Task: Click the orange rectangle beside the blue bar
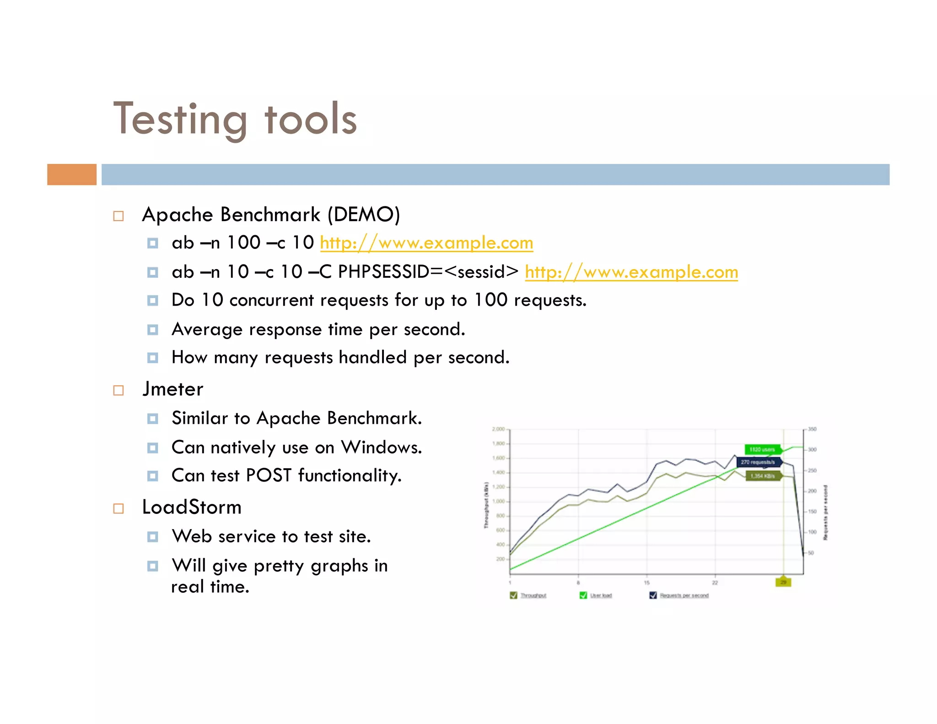(x=72, y=174)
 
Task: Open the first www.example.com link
(x=426, y=243)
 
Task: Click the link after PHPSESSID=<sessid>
(x=631, y=272)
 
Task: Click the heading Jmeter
(x=173, y=389)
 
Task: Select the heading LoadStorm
(x=192, y=507)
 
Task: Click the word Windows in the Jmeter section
(x=381, y=447)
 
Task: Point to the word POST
(x=269, y=475)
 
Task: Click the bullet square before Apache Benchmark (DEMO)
(x=118, y=216)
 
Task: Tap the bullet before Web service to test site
(x=153, y=537)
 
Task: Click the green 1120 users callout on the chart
(x=762, y=449)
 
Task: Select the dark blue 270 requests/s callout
(x=758, y=462)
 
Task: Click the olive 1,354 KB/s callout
(x=763, y=476)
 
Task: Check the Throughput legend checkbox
(x=513, y=595)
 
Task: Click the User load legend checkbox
(x=583, y=595)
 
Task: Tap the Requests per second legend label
(x=684, y=595)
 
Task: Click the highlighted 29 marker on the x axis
(x=783, y=582)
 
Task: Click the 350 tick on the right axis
(x=812, y=429)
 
